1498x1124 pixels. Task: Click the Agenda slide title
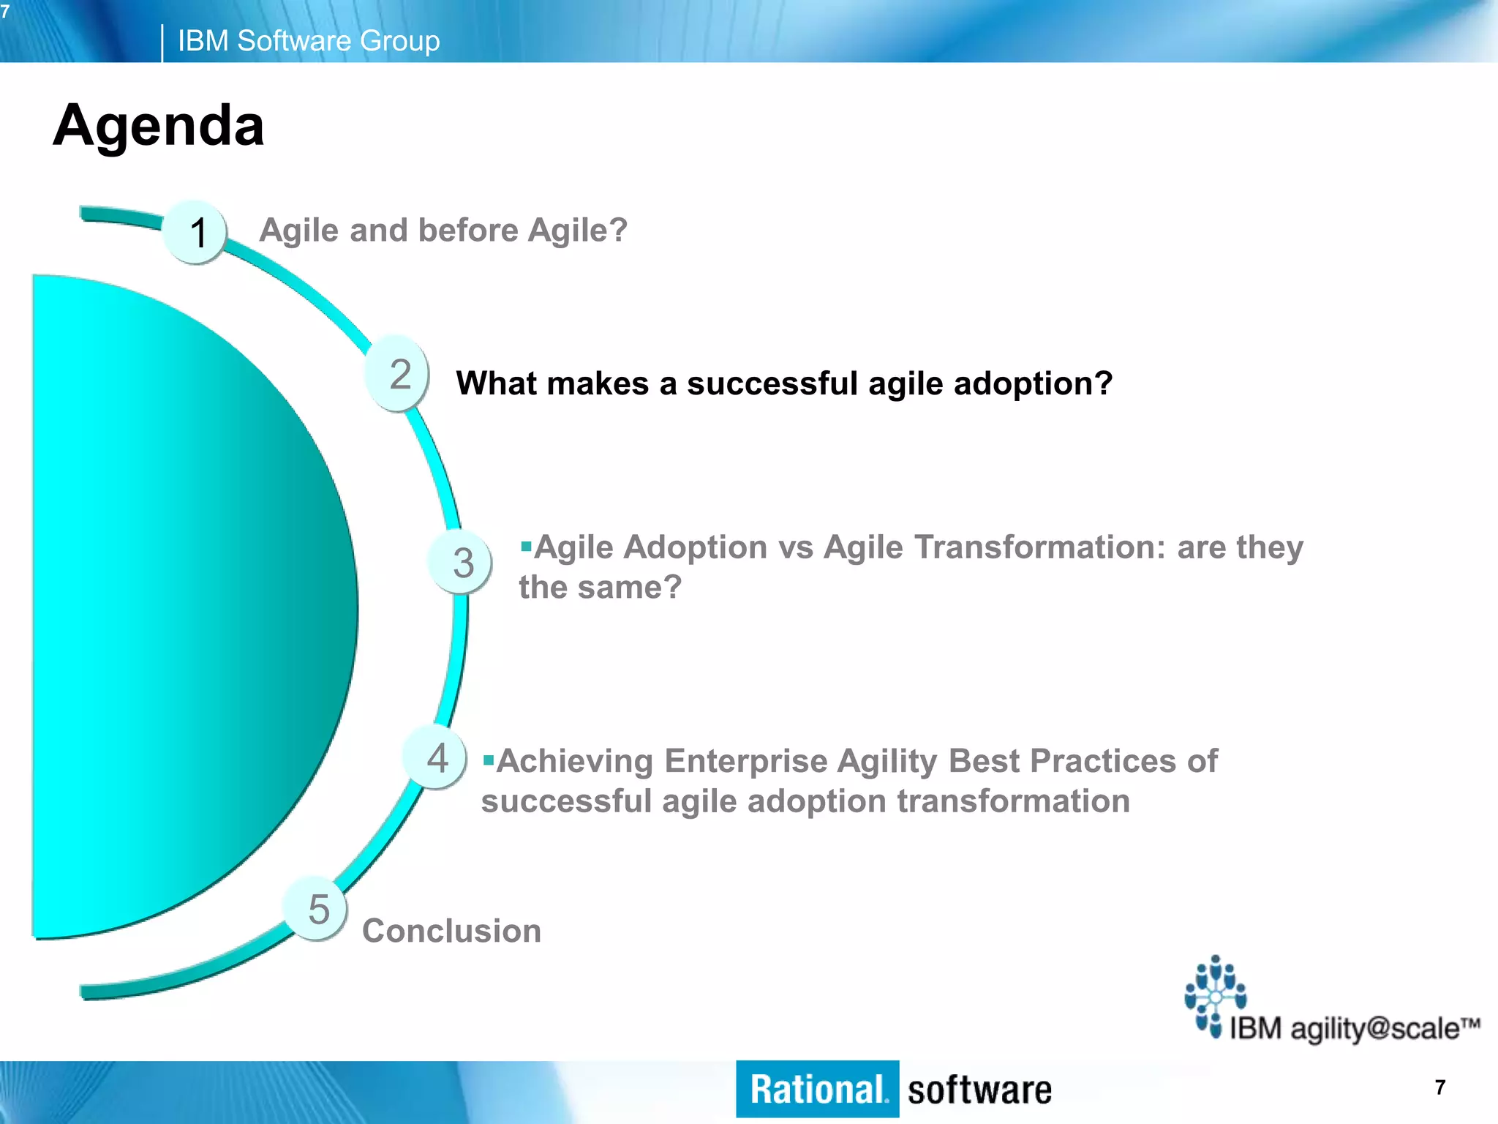[158, 125]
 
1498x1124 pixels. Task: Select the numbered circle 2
[398, 374]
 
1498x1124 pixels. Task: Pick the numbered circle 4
[437, 757]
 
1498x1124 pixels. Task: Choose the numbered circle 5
[317, 909]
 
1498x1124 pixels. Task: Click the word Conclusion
[451, 931]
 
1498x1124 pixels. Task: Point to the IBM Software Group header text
[309, 41]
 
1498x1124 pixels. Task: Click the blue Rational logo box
[817, 1089]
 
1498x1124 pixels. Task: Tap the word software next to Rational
[979, 1090]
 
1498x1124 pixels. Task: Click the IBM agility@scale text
[1353, 1028]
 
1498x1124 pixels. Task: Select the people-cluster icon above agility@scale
[1214, 994]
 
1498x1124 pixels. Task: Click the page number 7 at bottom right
[1439, 1087]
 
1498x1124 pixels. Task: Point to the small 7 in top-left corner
[5, 12]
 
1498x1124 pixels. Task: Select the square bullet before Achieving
[488, 760]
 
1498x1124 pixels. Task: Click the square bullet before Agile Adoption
[526, 546]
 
